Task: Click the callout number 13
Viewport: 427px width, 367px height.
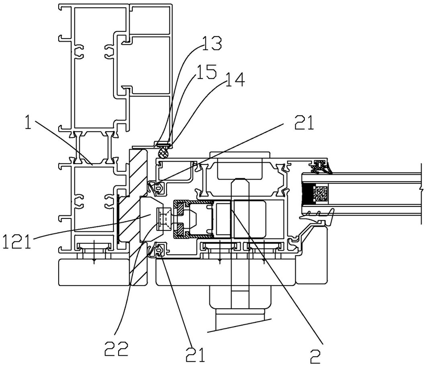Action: (211, 43)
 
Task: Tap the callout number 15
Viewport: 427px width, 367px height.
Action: (206, 72)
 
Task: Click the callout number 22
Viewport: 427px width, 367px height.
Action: (116, 348)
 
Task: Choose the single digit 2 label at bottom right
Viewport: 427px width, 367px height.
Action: (316, 356)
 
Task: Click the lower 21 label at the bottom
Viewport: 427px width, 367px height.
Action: (195, 354)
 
